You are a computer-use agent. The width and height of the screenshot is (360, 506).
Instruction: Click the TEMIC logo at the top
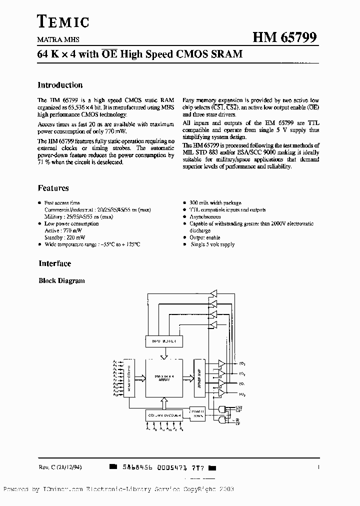pos(63,21)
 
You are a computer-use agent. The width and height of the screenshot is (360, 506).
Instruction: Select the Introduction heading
pos(60,85)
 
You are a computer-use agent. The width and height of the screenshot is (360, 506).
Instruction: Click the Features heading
pos(53,188)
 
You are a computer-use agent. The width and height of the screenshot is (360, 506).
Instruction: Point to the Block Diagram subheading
pos(61,281)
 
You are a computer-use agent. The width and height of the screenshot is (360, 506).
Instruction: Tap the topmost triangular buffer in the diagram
pos(213,292)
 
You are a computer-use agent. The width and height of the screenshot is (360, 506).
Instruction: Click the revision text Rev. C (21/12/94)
pos(60,467)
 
